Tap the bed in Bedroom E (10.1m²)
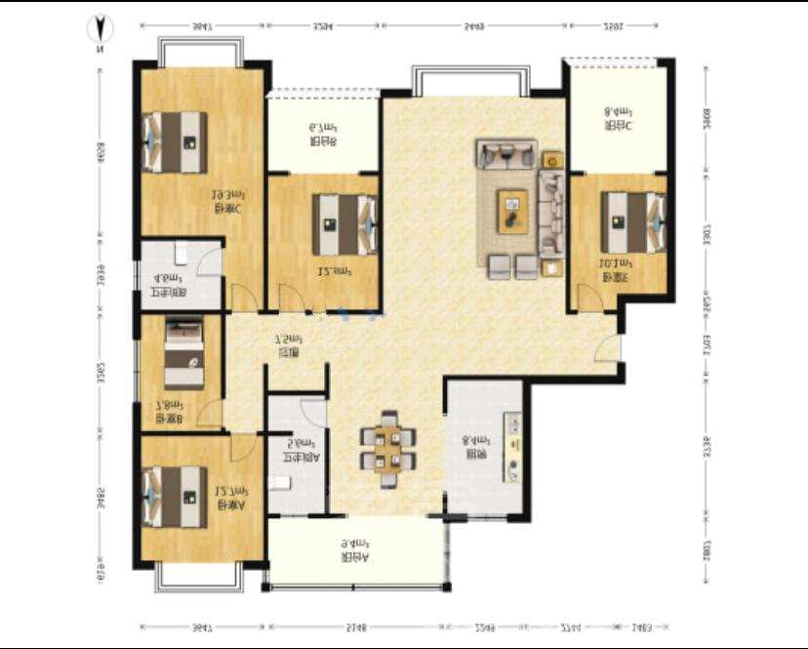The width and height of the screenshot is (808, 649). coord(632,222)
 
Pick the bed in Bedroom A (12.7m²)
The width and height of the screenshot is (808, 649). coord(176,497)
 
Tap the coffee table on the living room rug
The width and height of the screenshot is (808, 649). coord(511,210)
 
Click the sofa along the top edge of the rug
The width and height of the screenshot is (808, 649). coord(506,153)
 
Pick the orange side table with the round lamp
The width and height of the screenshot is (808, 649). coord(552,158)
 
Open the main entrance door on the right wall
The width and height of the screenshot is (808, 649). coord(611,346)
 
